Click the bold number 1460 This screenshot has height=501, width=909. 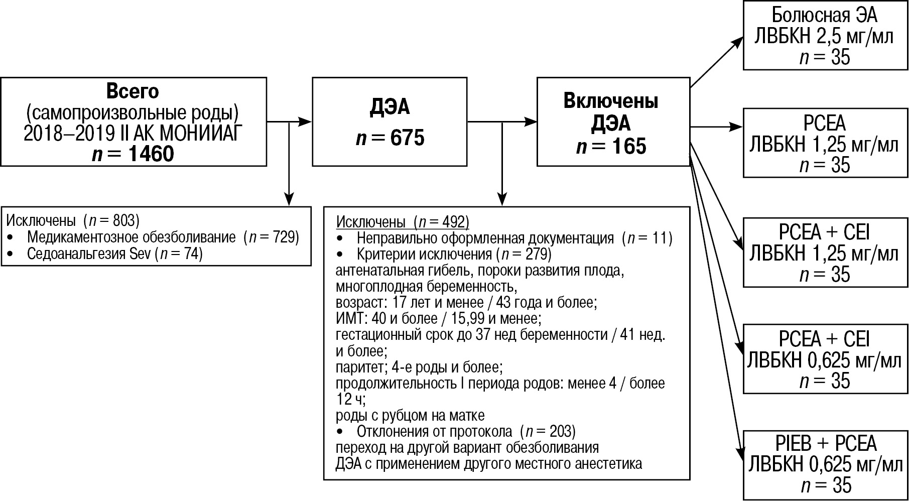(x=151, y=154)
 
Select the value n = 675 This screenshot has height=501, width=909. (x=390, y=138)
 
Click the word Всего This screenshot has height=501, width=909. (x=133, y=91)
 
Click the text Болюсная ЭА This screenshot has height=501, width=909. (x=824, y=15)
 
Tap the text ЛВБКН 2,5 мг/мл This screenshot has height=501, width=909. (x=824, y=37)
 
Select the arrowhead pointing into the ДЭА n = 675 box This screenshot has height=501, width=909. (x=306, y=121)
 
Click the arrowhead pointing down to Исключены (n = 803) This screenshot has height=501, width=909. (x=289, y=199)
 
